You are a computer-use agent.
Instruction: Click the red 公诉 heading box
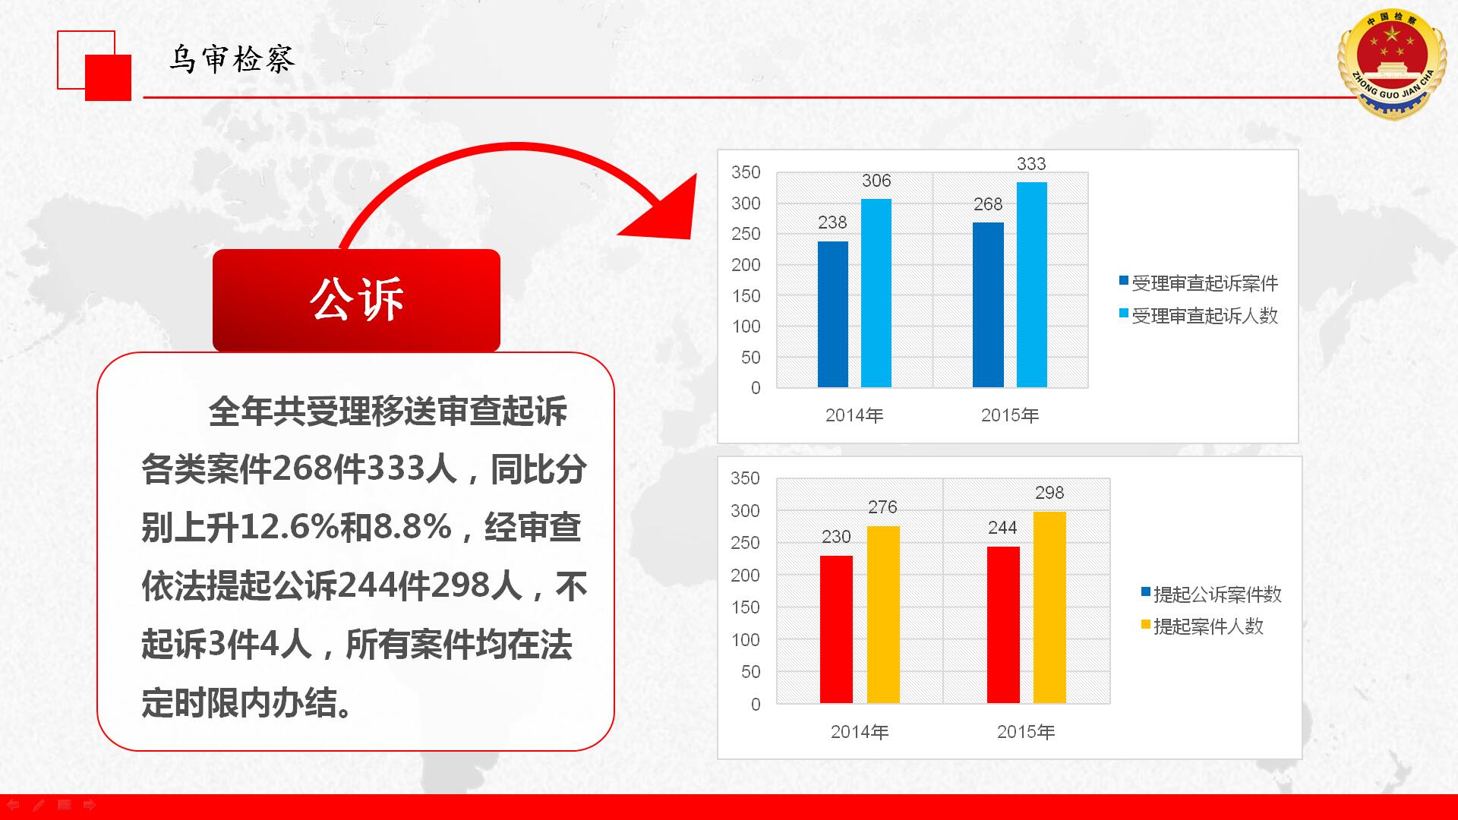pos(356,300)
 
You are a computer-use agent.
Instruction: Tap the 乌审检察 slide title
pos(232,59)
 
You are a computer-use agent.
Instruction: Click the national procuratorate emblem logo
pos(1391,64)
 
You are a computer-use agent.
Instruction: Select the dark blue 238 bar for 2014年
pos(832,314)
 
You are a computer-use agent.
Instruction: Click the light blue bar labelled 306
pos(876,293)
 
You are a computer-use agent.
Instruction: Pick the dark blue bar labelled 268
pos(988,304)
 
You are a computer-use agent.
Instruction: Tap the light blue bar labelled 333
pos(1031,285)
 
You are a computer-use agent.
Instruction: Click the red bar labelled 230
pos(836,629)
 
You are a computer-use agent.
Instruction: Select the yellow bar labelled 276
pos(883,614)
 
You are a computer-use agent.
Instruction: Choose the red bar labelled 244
pos(1003,625)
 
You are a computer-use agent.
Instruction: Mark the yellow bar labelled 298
pos(1049,607)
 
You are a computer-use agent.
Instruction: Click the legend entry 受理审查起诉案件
pos(1198,283)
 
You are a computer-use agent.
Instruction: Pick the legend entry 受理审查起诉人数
pos(1198,316)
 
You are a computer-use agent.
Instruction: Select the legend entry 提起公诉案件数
pos(1211,594)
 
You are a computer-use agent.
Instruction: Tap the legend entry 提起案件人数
pos(1202,626)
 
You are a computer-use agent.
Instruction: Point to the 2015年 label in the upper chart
pos(1010,415)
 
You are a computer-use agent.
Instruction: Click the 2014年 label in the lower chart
pos(860,732)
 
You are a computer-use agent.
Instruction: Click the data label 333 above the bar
pos(1031,164)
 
